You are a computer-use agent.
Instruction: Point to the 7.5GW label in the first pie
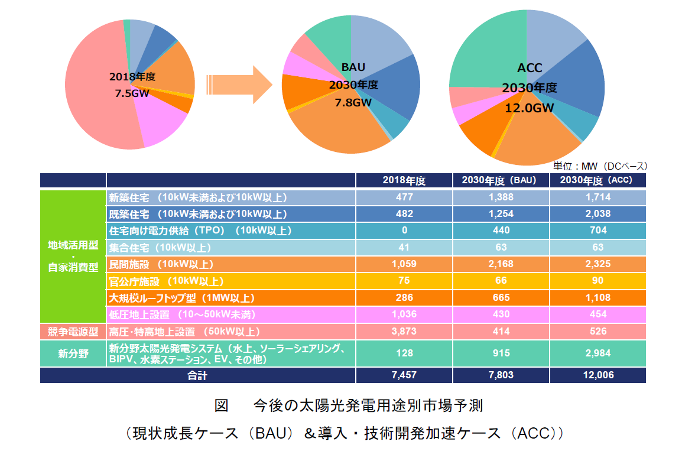coord(132,93)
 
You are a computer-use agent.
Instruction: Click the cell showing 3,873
coord(404,332)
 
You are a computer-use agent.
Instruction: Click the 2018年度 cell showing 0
coord(404,231)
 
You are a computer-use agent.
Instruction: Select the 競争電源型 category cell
coord(73,332)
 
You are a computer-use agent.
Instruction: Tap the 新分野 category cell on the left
coord(73,353)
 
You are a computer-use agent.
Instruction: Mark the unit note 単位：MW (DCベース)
coord(600,166)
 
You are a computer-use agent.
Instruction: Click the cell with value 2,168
coord(501,264)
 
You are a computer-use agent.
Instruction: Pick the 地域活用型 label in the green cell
coord(73,244)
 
